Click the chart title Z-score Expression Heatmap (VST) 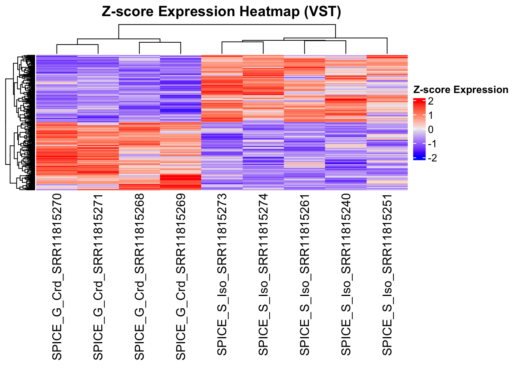(221, 12)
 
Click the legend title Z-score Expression (460, 90)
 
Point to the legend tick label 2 (430, 101)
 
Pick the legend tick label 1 (430, 115)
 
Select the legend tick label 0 (430, 130)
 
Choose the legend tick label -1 (432, 144)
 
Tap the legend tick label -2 (432, 158)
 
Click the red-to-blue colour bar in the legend (419, 129)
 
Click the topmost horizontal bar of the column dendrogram (227, 25)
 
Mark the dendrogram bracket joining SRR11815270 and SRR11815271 (77, 45)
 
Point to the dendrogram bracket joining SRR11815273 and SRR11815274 (242, 42)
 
